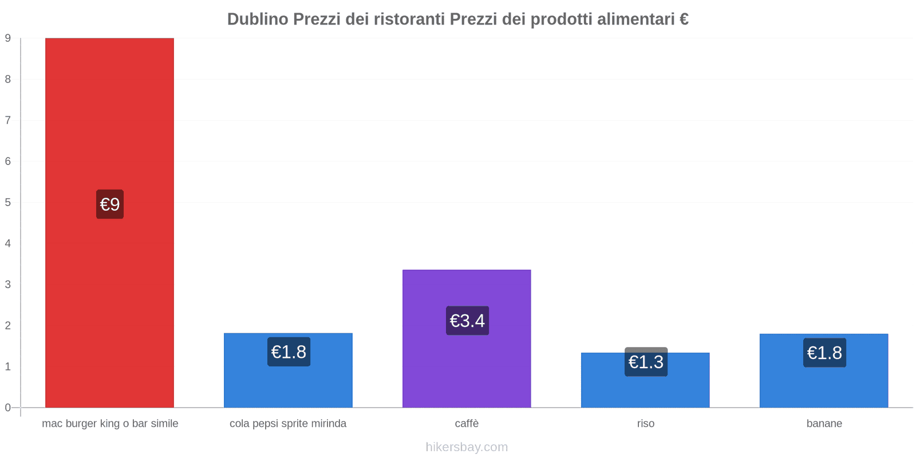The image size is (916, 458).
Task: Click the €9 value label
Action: click(110, 204)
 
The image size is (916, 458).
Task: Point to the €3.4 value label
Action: click(467, 321)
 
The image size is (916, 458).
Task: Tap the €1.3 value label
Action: click(646, 362)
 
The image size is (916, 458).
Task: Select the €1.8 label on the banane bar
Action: click(824, 353)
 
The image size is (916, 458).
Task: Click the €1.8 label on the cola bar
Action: click(289, 352)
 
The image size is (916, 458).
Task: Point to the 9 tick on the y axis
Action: click(8, 38)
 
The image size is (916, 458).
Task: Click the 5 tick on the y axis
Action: click(8, 203)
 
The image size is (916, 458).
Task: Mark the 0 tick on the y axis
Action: click(8, 408)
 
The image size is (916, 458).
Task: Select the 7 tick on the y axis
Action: click(8, 120)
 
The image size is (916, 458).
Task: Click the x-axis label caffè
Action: click(467, 424)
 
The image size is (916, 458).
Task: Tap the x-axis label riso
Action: click(645, 424)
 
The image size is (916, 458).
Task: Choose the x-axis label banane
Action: click(824, 424)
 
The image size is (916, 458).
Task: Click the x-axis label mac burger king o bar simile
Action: click(110, 424)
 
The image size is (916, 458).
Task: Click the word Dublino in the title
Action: click(258, 19)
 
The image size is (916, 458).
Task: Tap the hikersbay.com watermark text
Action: click(467, 447)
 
